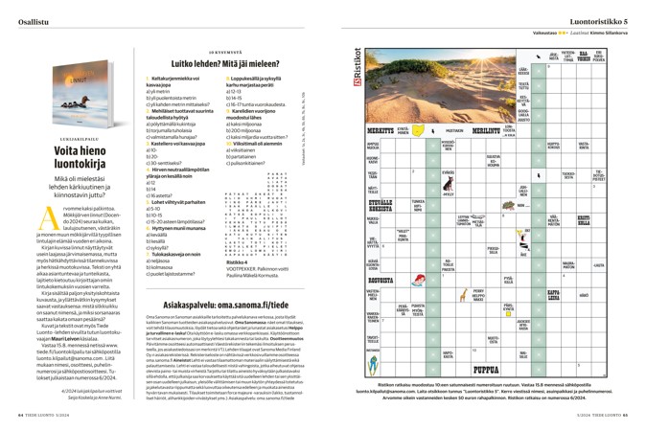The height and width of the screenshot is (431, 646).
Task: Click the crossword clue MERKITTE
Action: [x=381, y=129]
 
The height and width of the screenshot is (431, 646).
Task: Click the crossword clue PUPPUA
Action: [x=490, y=369]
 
